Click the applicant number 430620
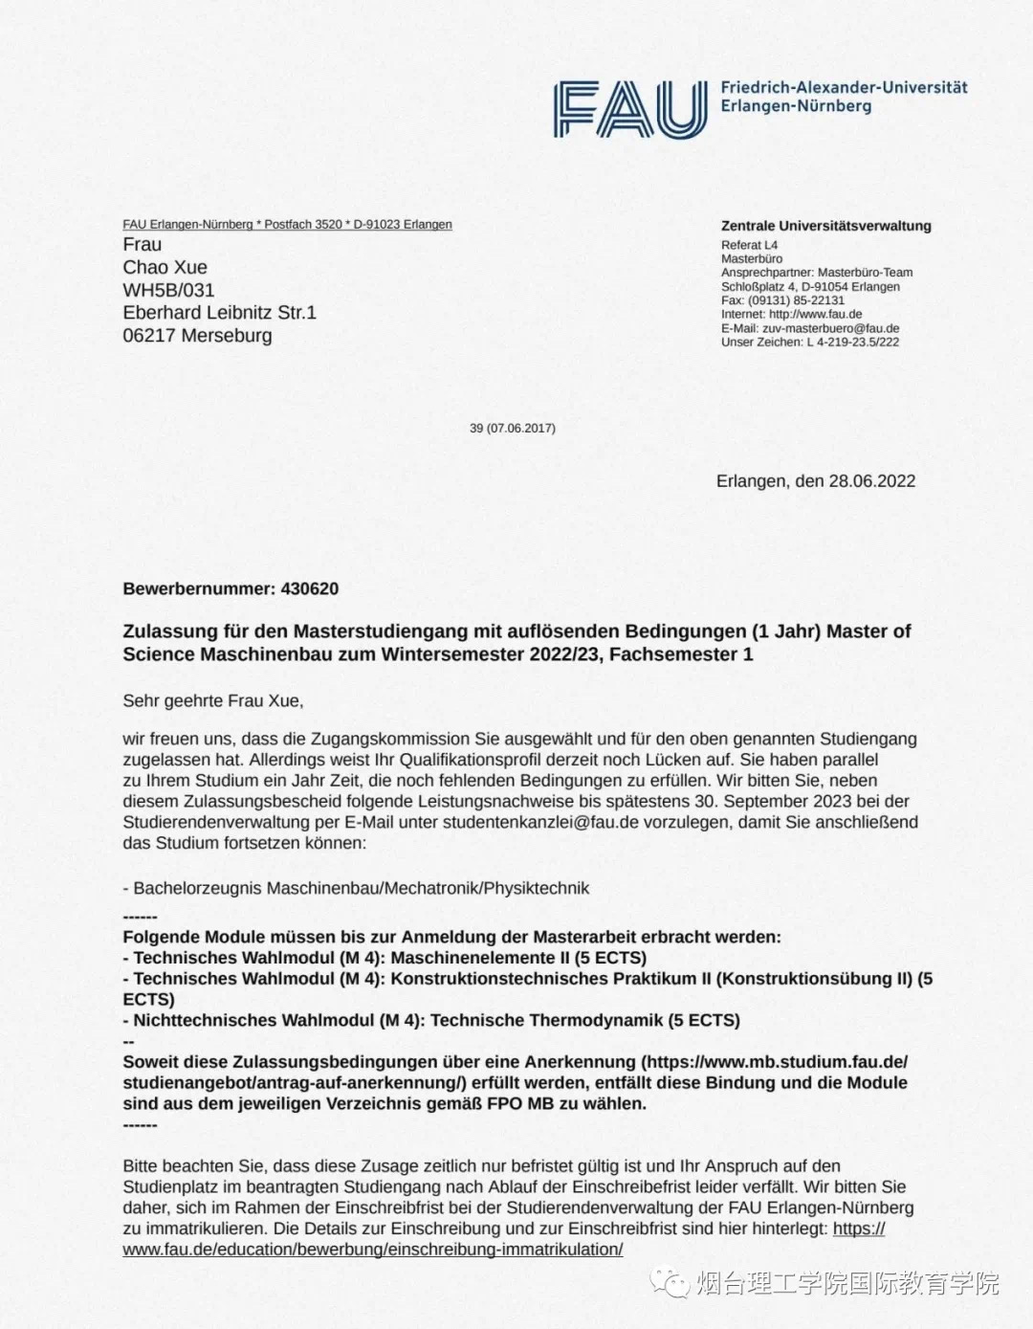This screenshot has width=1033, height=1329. pos(310,588)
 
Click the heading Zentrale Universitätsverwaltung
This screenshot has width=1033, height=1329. pos(825,226)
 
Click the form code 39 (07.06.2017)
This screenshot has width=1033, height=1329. pos(512,429)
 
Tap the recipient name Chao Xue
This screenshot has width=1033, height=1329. pos(165,267)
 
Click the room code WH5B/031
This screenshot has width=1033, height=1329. pos(168,290)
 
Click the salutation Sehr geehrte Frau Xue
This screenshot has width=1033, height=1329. pos(212,700)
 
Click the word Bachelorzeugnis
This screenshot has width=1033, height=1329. pos(197,888)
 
